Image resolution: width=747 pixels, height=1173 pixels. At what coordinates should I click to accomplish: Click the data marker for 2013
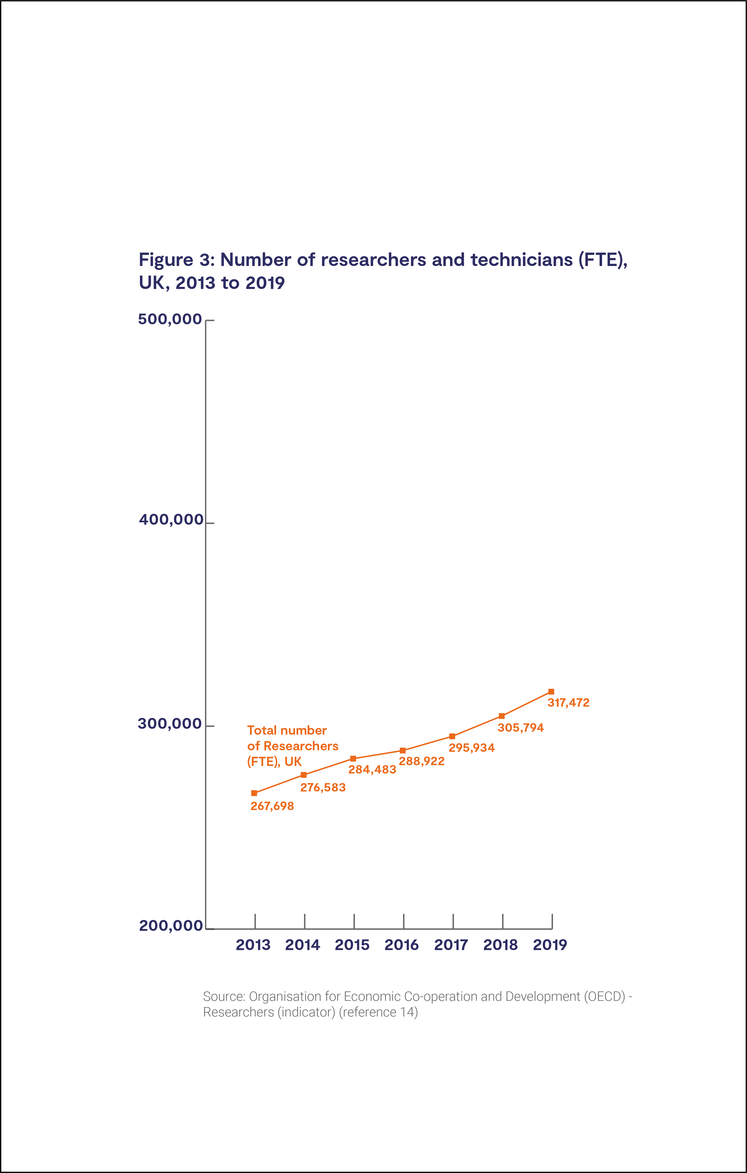pyautogui.click(x=254, y=793)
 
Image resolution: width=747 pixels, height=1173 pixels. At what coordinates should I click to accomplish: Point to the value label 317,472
pyautogui.click(x=568, y=703)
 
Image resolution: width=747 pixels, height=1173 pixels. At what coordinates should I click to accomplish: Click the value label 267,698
pyautogui.click(x=272, y=806)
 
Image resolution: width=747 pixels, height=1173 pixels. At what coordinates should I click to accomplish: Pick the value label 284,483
pyautogui.click(x=372, y=770)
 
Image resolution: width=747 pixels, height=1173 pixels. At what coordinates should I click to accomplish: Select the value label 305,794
pyautogui.click(x=521, y=728)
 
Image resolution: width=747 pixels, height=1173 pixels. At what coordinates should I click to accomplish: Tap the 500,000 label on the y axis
pyautogui.click(x=170, y=319)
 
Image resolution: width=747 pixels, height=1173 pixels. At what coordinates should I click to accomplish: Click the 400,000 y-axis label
pyautogui.click(x=171, y=520)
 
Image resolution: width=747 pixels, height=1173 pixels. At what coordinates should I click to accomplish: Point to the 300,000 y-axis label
pyautogui.click(x=170, y=724)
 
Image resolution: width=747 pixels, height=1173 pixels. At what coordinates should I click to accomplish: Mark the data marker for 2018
pyautogui.click(x=502, y=716)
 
